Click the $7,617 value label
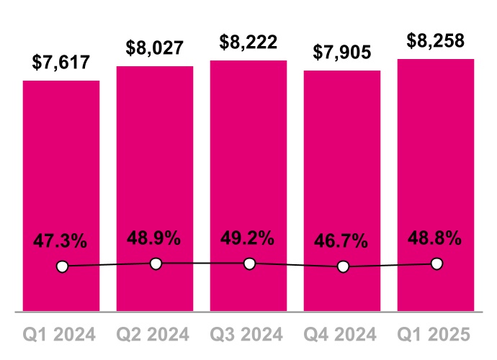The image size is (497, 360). [61, 63]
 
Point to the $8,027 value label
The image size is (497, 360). [155, 48]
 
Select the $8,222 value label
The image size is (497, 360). [248, 42]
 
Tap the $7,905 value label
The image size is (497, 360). [342, 53]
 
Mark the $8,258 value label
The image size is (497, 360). [436, 40]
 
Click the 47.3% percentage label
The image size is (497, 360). [61, 241]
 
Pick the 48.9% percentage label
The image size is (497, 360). [155, 238]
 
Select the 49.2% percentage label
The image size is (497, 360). [248, 238]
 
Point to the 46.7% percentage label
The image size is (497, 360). [342, 241]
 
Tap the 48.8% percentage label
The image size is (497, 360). [436, 238]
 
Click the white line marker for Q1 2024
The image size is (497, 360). [62, 266]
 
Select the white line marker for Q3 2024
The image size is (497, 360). [249, 264]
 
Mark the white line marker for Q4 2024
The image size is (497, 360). [343, 266]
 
